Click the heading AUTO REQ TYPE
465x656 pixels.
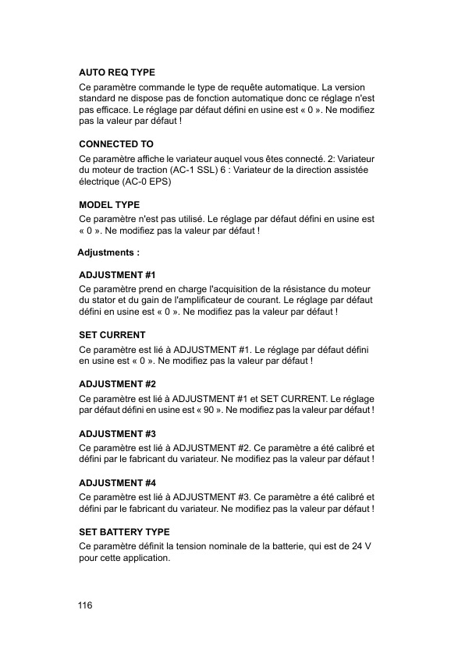(x=117, y=72)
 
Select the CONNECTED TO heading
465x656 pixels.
(x=116, y=145)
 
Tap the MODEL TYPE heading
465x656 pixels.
(x=109, y=204)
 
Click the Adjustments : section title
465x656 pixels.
(x=108, y=253)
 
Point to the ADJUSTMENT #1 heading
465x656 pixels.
(x=118, y=275)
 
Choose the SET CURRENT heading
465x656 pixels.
(x=112, y=335)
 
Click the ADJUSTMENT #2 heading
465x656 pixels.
(x=118, y=384)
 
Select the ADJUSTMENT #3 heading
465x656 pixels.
(x=118, y=433)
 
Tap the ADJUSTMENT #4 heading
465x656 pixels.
(x=118, y=483)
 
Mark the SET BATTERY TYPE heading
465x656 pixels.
(x=124, y=532)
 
